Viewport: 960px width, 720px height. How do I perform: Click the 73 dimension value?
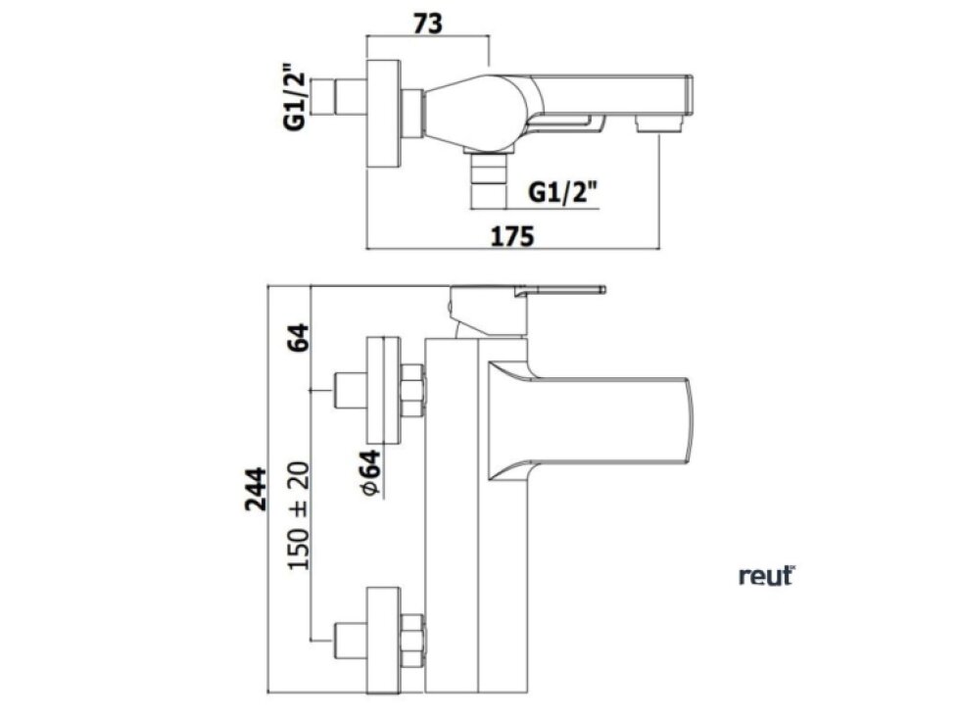427,24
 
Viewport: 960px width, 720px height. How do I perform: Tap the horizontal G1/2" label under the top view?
565,192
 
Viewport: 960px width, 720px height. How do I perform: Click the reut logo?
766,576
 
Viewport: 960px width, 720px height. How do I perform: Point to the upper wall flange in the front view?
382,390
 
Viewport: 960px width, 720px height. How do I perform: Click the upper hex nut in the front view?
412,390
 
